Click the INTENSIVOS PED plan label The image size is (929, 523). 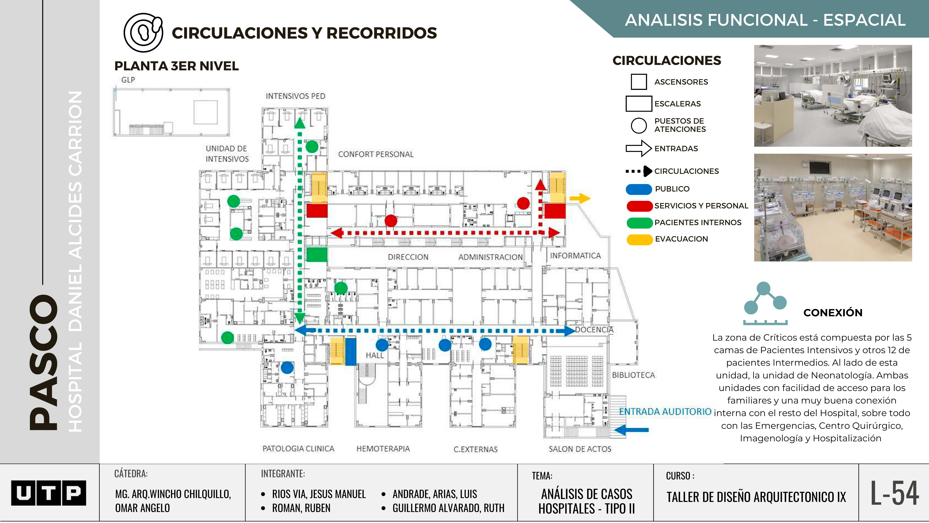pyautogui.click(x=295, y=96)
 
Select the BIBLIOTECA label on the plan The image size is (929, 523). pyautogui.click(x=633, y=375)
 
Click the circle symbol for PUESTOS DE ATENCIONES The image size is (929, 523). pyautogui.click(x=639, y=125)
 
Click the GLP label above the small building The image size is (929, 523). pyautogui.click(x=128, y=80)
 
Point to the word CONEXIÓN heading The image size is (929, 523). pyautogui.click(x=833, y=313)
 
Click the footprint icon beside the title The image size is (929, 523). pyautogui.click(x=143, y=33)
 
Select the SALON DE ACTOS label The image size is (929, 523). pyautogui.click(x=580, y=449)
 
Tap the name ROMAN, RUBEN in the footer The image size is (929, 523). pyautogui.click(x=301, y=508)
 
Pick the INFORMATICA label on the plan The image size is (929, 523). pyautogui.click(x=575, y=256)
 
